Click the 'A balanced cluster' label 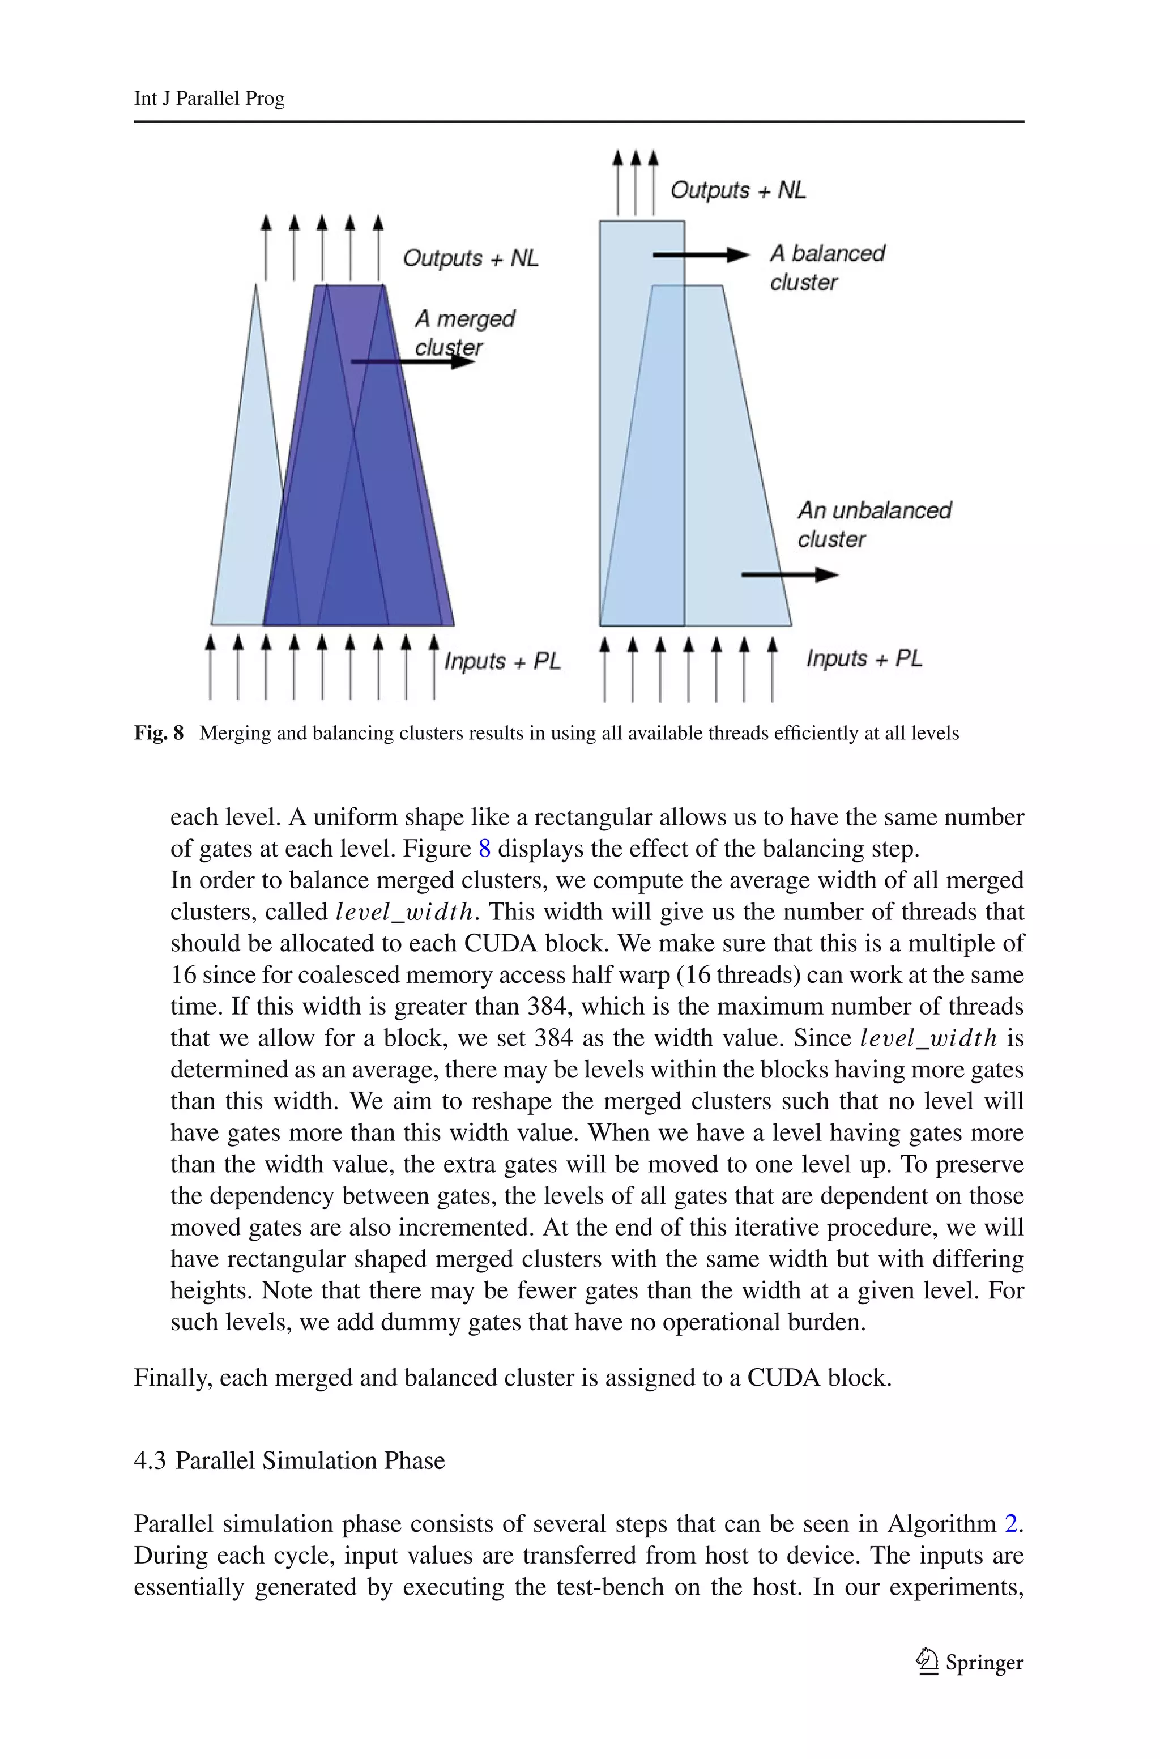[826, 267]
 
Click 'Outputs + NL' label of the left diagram [471, 258]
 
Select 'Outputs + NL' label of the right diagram [737, 190]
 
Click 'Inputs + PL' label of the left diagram [502, 661]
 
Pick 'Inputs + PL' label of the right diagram [864, 658]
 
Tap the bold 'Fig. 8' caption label [159, 733]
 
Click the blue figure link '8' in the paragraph [485, 849]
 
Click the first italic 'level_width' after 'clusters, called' [403, 912]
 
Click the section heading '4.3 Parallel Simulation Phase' [289, 1460]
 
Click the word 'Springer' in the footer [984, 1663]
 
